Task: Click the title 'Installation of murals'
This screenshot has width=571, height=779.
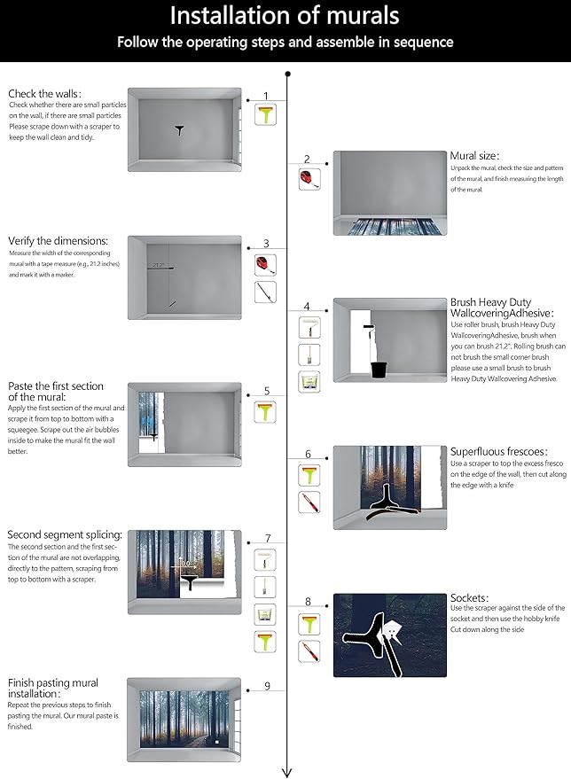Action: [284, 16]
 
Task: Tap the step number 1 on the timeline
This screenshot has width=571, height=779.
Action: [266, 96]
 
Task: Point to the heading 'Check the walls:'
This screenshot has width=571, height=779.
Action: [45, 93]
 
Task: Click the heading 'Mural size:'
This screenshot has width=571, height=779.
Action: [474, 155]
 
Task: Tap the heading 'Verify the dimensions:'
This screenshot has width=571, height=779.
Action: [59, 240]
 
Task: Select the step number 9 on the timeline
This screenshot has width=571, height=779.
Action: [266, 686]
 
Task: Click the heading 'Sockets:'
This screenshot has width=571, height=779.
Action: [469, 597]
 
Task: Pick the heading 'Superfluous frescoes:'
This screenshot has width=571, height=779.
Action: [498, 451]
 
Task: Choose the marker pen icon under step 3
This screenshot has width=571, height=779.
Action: [266, 292]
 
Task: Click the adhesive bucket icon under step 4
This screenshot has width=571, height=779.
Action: [309, 382]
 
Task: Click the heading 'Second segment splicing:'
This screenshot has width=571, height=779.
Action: [65, 534]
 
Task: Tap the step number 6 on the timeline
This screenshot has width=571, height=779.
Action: [308, 454]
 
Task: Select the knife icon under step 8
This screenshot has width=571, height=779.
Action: [309, 652]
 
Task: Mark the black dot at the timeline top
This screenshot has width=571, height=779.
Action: [287, 74]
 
